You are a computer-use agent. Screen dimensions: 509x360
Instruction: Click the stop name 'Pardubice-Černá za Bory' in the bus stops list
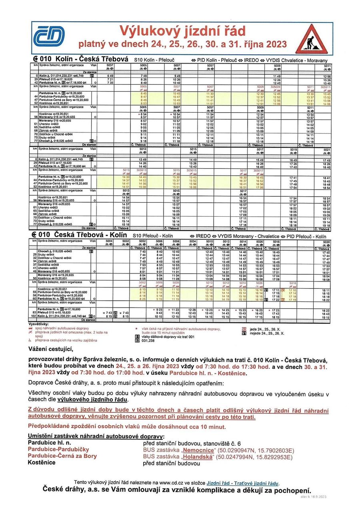pos(62,456)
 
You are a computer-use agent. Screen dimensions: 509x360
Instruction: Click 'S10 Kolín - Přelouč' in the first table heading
pos(156,60)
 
